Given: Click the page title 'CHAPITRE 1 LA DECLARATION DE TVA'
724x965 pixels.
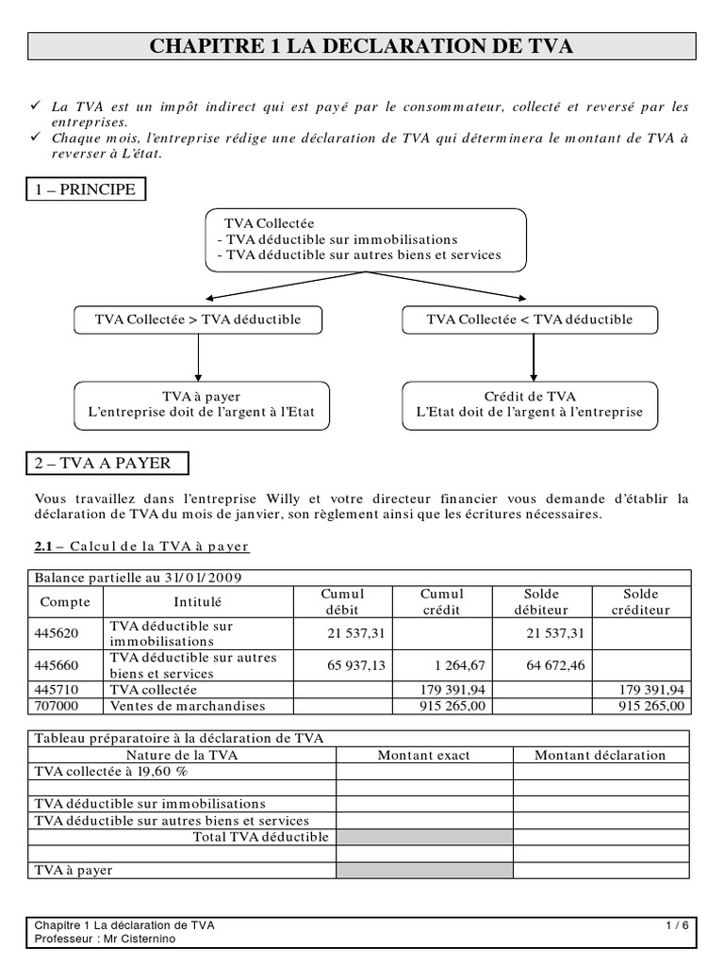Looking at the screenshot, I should pos(362,46).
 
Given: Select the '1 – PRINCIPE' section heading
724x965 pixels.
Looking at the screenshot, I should pos(86,189).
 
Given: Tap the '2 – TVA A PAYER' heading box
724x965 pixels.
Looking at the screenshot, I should pos(107,463).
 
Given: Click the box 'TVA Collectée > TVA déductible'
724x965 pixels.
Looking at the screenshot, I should pos(198,319).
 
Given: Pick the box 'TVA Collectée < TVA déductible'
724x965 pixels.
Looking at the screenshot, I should pos(530,319).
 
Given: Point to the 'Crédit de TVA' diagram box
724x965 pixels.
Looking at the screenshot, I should pos(530,404).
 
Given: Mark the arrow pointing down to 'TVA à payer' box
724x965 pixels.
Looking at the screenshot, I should pos(198,358).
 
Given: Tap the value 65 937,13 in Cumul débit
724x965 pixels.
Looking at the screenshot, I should pos(356,665).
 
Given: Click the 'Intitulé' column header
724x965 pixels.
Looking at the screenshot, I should pos(198,601).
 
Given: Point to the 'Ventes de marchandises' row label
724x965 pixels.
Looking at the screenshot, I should pos(188,706).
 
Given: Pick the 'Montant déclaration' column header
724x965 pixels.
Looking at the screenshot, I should pos(601,755).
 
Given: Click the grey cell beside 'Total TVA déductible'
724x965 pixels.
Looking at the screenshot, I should pos(424,837).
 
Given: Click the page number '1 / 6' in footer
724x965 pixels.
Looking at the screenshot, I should pos(676,925).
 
